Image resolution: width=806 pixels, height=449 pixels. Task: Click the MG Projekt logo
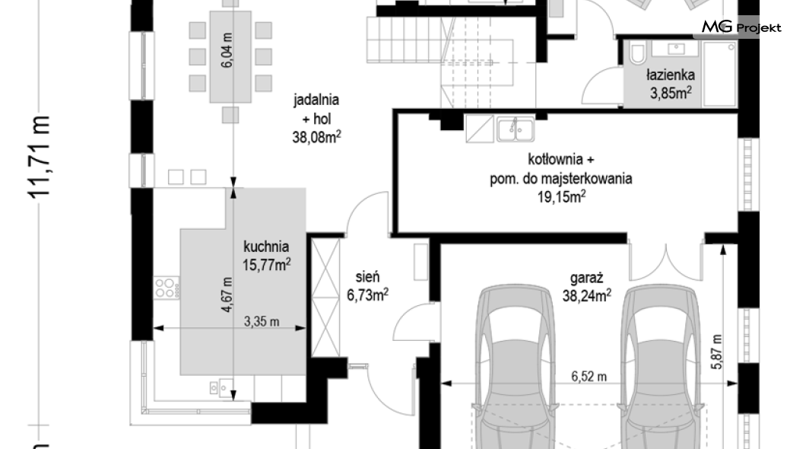click(741, 27)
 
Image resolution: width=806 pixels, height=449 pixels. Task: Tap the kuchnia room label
click(266, 247)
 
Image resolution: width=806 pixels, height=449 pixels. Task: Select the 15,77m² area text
click(266, 264)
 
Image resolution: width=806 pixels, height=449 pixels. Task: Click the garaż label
click(586, 279)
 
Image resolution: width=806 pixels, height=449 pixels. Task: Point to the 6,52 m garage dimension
click(589, 377)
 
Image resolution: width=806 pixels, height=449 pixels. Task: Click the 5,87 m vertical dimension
click(717, 352)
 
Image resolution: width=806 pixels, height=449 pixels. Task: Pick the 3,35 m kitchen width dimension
click(262, 321)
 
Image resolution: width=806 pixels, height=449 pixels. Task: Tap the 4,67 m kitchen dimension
click(227, 295)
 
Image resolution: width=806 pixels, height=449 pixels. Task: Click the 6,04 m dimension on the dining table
click(227, 50)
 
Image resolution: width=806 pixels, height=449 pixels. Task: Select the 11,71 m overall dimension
click(40, 156)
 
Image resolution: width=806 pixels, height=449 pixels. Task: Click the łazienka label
click(671, 75)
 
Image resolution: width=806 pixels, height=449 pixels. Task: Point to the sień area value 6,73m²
click(367, 295)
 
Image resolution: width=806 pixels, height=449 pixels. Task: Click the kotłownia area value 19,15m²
click(561, 196)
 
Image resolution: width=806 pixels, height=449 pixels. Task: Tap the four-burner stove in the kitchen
click(167, 288)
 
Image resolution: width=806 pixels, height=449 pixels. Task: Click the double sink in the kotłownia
click(515, 129)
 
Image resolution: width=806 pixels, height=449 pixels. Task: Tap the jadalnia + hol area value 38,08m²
click(316, 137)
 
